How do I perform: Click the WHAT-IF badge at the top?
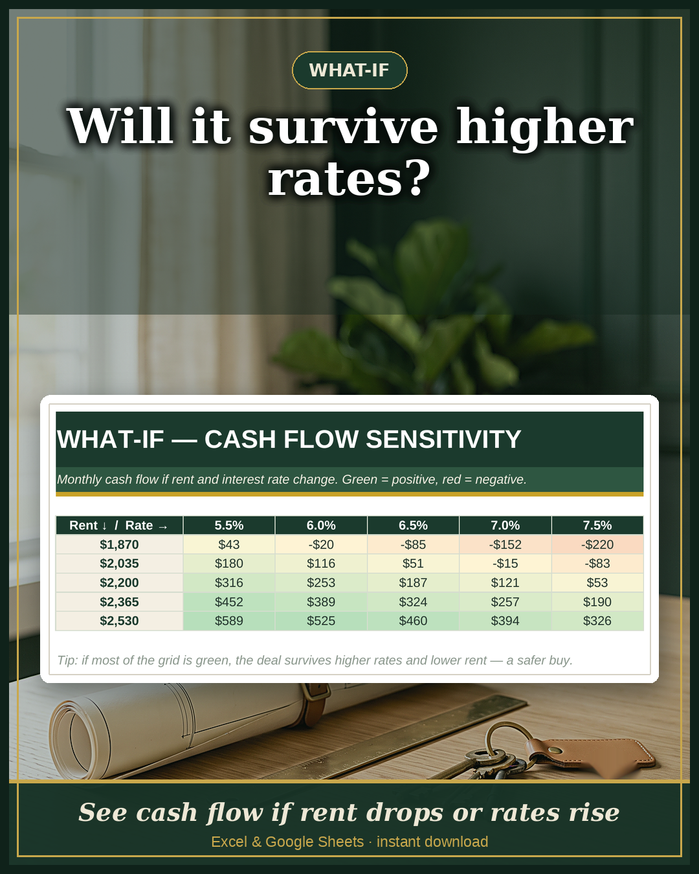tap(349, 70)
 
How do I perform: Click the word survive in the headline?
tap(343, 126)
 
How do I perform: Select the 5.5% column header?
tap(228, 525)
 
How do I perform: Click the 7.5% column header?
tap(597, 525)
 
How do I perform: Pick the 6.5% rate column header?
tap(413, 525)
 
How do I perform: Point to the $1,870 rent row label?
tap(119, 544)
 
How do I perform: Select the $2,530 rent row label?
tap(119, 621)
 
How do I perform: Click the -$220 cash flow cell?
tap(597, 544)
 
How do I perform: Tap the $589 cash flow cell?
tap(228, 621)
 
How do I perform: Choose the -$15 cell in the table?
tap(505, 563)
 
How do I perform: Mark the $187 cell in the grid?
tap(413, 583)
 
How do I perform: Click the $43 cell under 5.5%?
tap(228, 544)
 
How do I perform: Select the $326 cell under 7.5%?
tap(597, 621)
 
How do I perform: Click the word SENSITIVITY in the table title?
tap(443, 439)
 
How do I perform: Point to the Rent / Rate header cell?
tap(119, 525)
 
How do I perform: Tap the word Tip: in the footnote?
tap(67, 660)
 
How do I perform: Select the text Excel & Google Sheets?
tap(287, 842)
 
